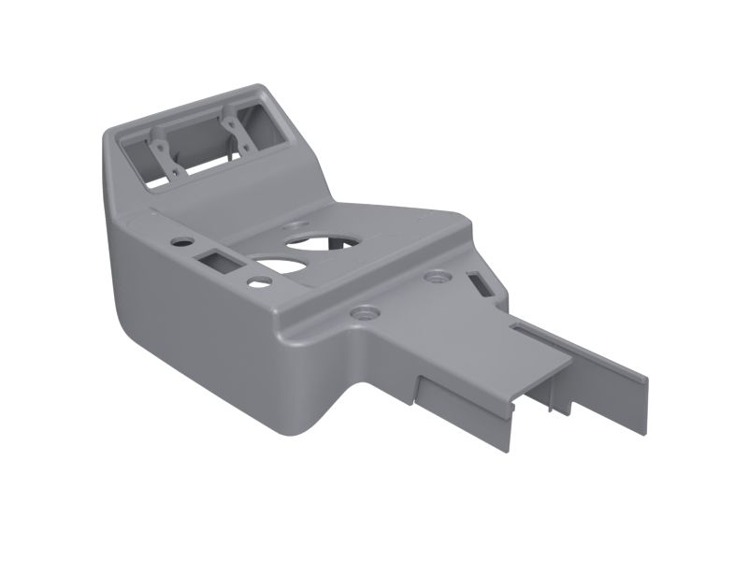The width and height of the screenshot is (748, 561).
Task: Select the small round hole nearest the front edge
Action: [254, 280]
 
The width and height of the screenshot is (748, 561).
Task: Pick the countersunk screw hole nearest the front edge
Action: [363, 311]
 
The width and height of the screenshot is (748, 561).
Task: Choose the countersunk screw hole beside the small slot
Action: [435, 278]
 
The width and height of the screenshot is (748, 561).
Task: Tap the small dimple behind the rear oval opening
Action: [297, 224]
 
